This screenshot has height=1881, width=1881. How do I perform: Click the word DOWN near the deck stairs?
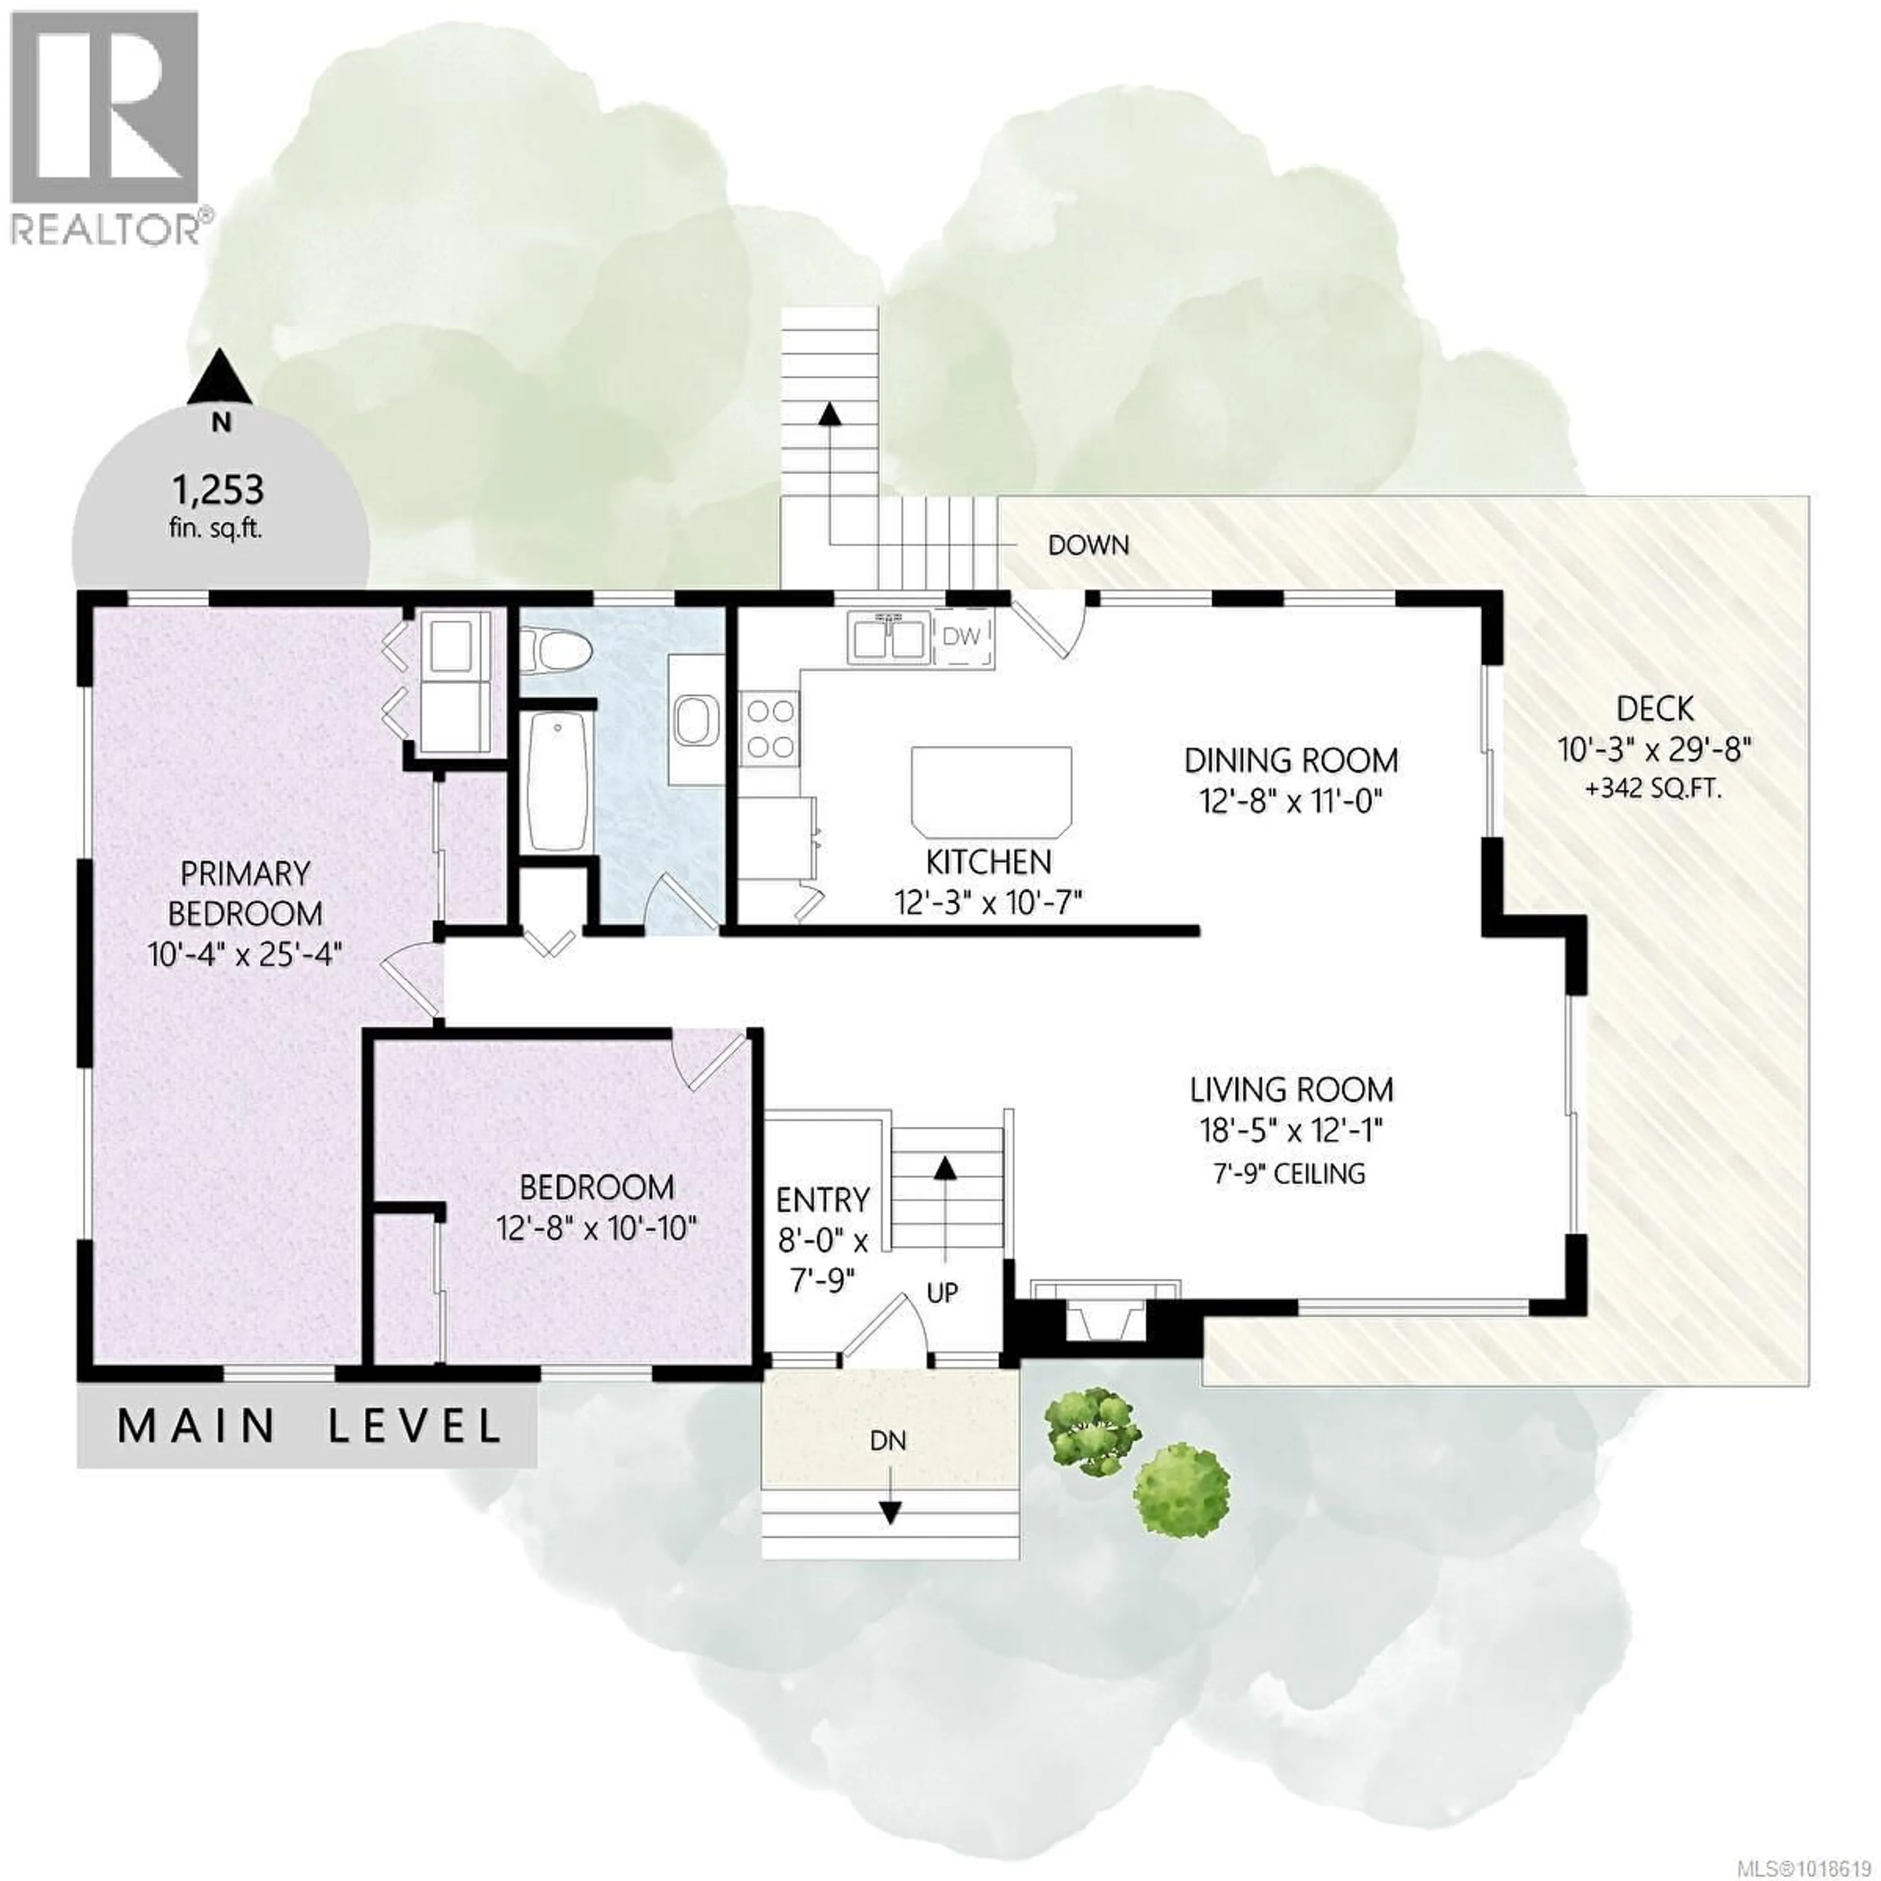1088,545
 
